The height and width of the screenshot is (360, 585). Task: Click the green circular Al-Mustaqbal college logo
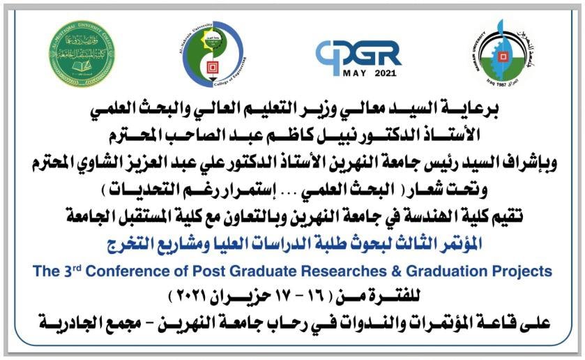82,54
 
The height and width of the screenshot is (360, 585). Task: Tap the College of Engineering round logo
213,54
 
